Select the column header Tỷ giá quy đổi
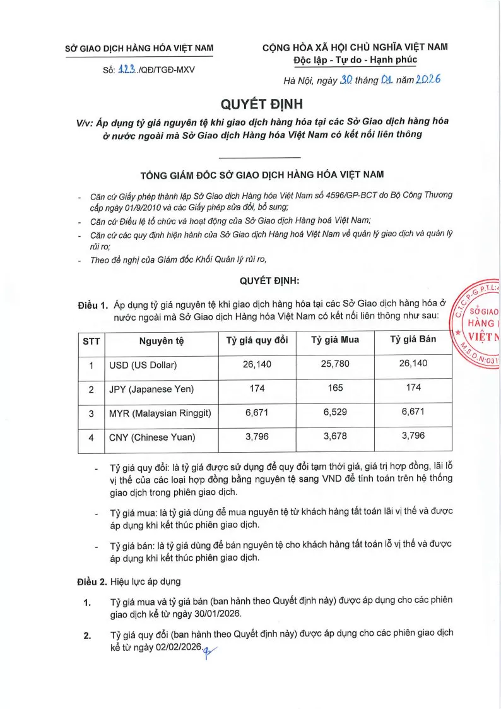(257, 340)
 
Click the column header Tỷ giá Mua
(335, 340)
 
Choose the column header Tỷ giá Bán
(413, 340)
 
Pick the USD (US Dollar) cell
(143, 365)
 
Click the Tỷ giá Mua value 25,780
(335, 364)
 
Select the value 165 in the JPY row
(335, 388)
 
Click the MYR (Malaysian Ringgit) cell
(160, 413)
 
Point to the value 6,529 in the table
(335, 412)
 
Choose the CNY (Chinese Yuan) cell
(152, 437)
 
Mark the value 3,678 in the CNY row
(335, 436)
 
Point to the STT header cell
(91, 340)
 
